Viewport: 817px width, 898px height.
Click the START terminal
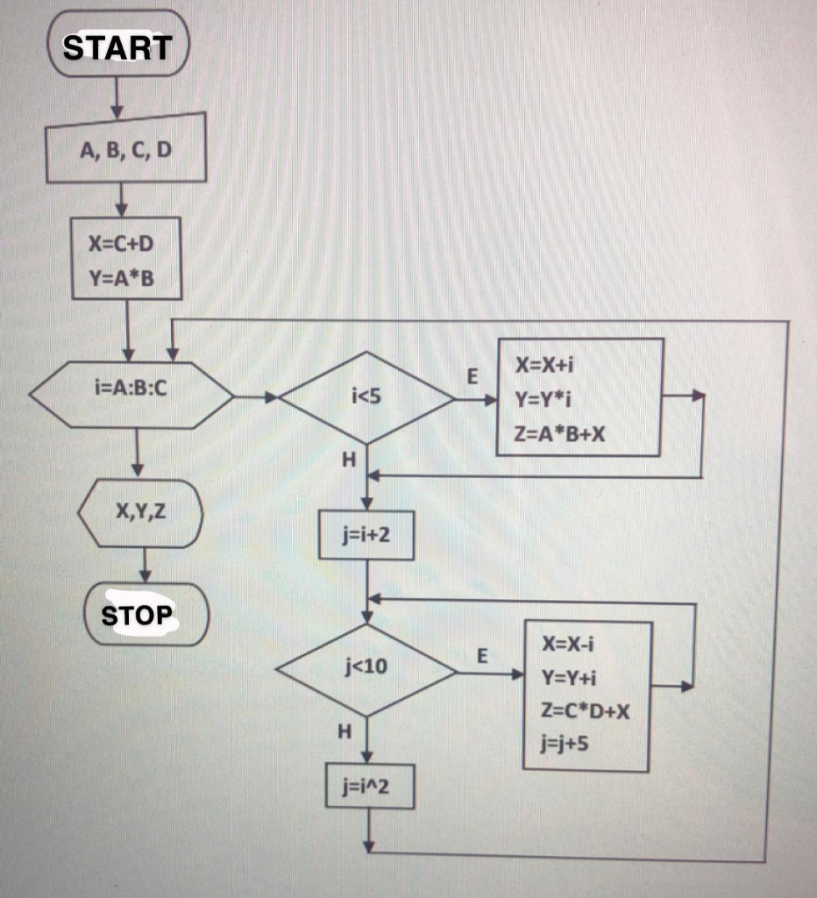click(117, 46)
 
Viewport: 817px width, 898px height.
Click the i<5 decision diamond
click(366, 398)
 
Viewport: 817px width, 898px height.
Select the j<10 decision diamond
click(366, 670)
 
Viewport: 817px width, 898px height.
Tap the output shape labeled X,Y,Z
click(140, 513)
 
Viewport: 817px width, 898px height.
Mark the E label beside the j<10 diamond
click(480, 655)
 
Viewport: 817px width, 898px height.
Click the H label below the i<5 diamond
click(348, 458)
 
